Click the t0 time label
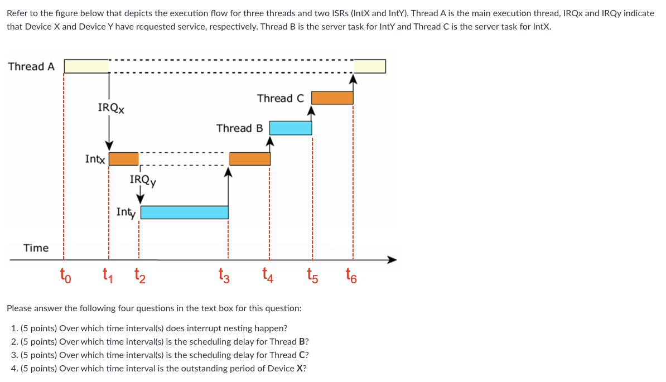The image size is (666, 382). coord(65,275)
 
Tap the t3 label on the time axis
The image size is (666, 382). coord(224,275)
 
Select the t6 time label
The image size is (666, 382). coord(350,275)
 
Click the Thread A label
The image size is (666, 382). coord(31,66)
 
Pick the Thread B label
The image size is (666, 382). coord(239,128)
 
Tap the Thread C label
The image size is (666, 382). coord(281,98)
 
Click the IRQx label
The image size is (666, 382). coord(110,108)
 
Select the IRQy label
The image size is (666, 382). coord(142,180)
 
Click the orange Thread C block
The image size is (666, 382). coord(332,98)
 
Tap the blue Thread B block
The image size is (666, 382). coord(291,128)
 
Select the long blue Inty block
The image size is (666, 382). coord(184,212)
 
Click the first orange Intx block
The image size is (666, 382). coord(123,159)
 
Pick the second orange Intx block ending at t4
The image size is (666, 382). coord(249,159)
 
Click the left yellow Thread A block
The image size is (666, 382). coord(86,66)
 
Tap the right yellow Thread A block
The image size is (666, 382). coord(369,66)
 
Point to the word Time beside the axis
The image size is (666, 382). coord(36,248)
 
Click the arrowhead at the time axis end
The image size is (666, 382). coord(392,259)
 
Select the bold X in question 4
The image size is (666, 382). coord(301,369)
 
